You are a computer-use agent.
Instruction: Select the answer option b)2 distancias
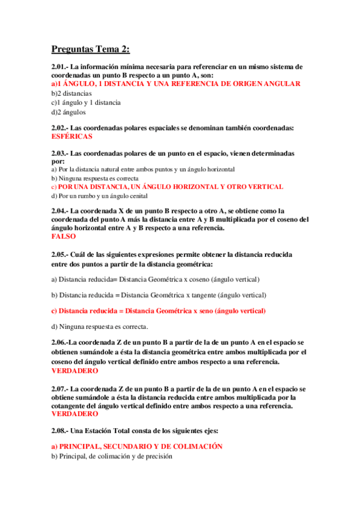point(72,93)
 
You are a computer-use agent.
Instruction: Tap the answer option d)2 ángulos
point(69,111)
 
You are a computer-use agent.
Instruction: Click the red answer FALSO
point(64,236)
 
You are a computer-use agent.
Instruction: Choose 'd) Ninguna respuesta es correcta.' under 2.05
point(100,327)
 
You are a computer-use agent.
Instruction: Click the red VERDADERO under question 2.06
point(75,371)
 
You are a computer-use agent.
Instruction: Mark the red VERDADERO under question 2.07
point(75,414)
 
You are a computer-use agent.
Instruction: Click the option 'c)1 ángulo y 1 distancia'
point(86,102)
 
